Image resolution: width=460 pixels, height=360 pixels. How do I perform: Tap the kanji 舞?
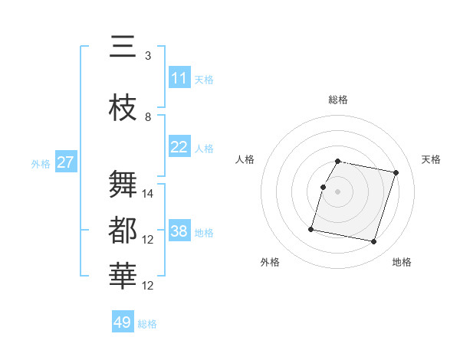(x=123, y=185)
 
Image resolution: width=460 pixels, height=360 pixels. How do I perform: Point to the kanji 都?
(x=123, y=231)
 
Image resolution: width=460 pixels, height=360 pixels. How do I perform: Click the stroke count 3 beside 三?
(x=148, y=55)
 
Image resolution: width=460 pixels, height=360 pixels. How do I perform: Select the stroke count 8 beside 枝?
(x=148, y=116)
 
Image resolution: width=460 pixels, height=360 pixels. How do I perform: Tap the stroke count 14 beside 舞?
(x=149, y=194)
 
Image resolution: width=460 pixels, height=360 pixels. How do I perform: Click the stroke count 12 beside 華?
(x=149, y=286)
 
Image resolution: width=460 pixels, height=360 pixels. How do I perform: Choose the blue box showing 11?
(x=179, y=78)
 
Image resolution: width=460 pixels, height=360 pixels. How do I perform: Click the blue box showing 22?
(x=179, y=147)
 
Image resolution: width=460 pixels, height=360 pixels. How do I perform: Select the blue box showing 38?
(x=179, y=231)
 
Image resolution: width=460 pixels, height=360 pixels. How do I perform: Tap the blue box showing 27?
(x=66, y=162)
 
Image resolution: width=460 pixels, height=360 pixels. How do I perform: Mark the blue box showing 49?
(x=123, y=322)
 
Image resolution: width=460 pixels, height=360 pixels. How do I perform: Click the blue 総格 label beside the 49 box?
(x=147, y=324)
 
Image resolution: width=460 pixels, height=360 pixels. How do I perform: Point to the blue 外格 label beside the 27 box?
(x=40, y=163)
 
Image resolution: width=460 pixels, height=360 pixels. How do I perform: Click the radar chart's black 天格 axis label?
(x=432, y=159)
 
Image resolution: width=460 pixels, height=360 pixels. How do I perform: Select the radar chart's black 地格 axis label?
(x=402, y=262)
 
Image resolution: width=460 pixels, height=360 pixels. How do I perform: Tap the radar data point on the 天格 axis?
(x=396, y=173)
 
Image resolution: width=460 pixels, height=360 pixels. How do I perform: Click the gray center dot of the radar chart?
(x=337, y=191)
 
